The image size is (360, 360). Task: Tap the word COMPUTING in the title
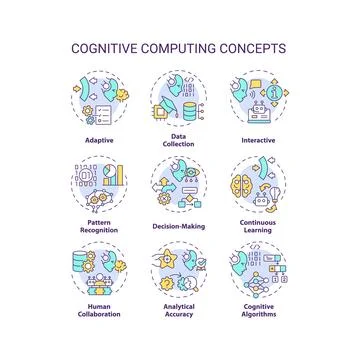pyautogui.click(x=182, y=46)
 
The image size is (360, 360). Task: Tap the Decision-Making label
pyautogui.click(x=180, y=226)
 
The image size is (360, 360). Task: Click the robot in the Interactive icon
pyautogui.click(x=259, y=112)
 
